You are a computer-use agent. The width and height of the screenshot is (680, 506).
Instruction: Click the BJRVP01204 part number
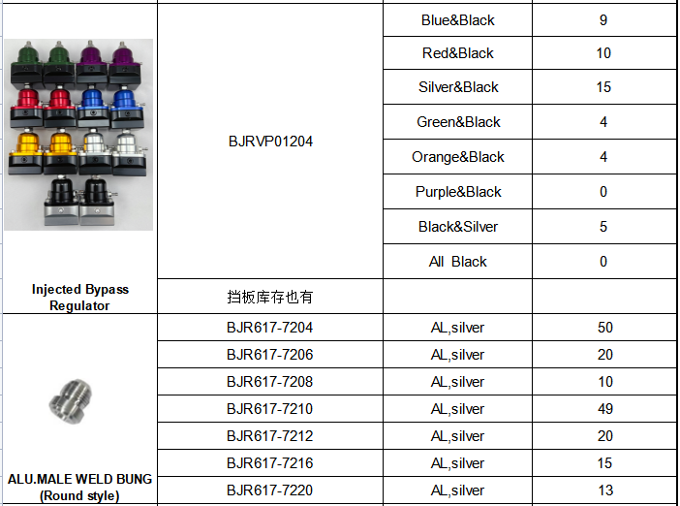(270, 142)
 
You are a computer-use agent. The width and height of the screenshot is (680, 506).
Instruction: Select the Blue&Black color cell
(458, 20)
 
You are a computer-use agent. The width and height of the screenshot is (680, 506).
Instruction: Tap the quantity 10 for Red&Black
(603, 53)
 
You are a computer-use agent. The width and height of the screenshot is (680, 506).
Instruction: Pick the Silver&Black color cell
(458, 87)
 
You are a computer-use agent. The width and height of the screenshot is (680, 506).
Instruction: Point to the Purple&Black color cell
(458, 192)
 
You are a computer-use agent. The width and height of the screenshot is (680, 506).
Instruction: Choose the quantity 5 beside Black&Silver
(603, 227)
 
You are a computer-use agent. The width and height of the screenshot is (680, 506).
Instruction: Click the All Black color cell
(458, 262)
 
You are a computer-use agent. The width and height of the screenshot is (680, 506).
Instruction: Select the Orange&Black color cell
(458, 157)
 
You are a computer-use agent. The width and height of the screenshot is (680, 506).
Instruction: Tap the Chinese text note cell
(269, 297)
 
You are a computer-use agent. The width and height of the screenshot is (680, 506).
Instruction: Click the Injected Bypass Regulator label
(79, 298)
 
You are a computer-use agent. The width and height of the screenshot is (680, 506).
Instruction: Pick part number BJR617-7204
(269, 328)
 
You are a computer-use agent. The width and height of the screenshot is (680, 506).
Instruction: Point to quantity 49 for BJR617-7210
(605, 409)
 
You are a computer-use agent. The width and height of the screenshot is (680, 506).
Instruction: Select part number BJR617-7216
(269, 463)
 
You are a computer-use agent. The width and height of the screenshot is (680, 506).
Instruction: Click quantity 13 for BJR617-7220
(605, 490)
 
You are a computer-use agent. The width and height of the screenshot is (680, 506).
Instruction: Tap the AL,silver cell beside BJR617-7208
(457, 382)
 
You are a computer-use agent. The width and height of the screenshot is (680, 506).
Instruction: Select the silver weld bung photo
(70, 401)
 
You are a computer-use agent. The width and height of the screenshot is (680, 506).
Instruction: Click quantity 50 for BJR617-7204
(605, 328)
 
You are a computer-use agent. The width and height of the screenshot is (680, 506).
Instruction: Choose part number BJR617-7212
(269, 436)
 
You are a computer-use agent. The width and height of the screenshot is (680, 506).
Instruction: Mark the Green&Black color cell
(458, 122)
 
